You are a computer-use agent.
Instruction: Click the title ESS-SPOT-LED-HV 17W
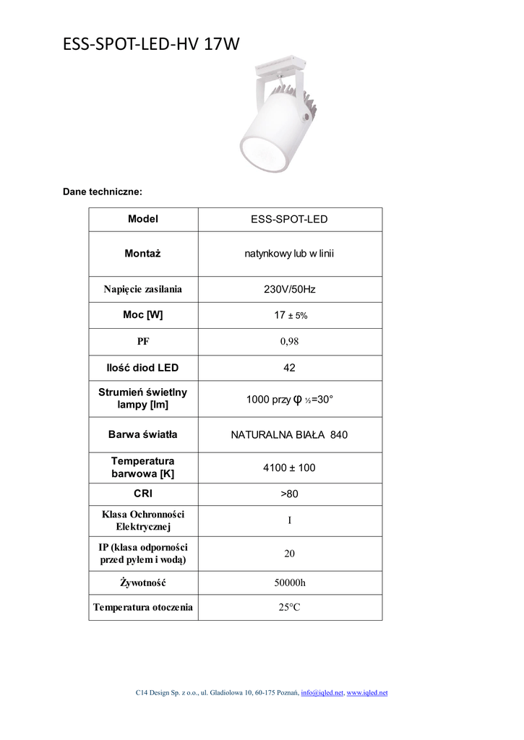(x=151, y=45)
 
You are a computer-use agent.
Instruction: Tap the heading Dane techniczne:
(x=103, y=192)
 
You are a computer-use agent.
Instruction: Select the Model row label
(x=143, y=219)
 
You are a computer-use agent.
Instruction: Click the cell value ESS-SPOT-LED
(x=289, y=219)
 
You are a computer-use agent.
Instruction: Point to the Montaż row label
(x=143, y=254)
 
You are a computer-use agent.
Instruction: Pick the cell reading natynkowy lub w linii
(x=289, y=254)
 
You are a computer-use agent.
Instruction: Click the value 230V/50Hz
(x=289, y=289)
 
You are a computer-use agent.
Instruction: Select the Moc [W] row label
(x=143, y=315)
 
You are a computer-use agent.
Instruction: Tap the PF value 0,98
(x=289, y=342)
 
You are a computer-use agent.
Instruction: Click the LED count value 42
(x=289, y=368)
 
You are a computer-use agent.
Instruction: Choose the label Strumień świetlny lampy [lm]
(x=143, y=398)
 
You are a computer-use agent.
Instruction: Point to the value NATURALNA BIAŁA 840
(x=289, y=435)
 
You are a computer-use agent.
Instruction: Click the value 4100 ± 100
(x=289, y=468)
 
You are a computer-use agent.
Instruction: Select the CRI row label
(x=143, y=494)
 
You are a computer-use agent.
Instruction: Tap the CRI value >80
(x=289, y=494)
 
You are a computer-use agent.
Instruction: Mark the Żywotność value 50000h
(x=289, y=582)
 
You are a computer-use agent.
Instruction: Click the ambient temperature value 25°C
(x=289, y=608)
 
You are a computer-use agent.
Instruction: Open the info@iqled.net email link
(x=322, y=693)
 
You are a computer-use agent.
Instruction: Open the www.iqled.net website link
(x=367, y=693)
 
